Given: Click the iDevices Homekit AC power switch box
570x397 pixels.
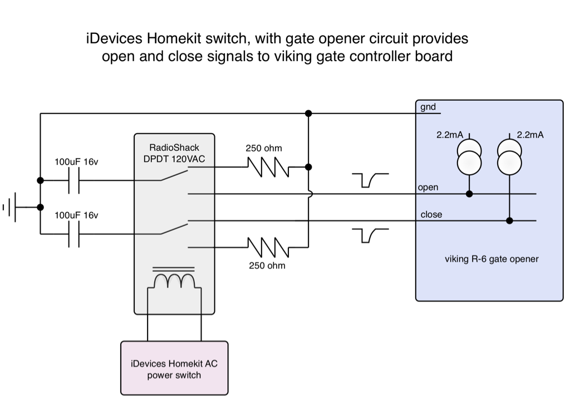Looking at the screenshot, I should click(174, 368).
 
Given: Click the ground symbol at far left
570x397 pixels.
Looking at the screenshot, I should click(12, 207).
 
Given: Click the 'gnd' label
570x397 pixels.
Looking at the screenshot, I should click(428, 107).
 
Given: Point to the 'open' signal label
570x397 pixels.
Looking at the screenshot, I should click(428, 188).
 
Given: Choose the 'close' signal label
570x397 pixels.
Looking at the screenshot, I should click(431, 214).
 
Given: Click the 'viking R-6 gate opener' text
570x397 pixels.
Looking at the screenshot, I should click(492, 258).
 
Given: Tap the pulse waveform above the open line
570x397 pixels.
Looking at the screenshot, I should click(370, 179).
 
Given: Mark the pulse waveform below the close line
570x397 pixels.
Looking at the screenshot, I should click(370, 236).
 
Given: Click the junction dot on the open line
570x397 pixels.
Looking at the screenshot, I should click(469, 194).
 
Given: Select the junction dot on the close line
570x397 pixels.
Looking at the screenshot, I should click(509, 221).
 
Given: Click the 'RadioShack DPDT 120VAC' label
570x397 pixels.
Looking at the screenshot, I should click(174, 153).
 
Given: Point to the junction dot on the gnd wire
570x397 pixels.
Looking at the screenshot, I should click(308, 114).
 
